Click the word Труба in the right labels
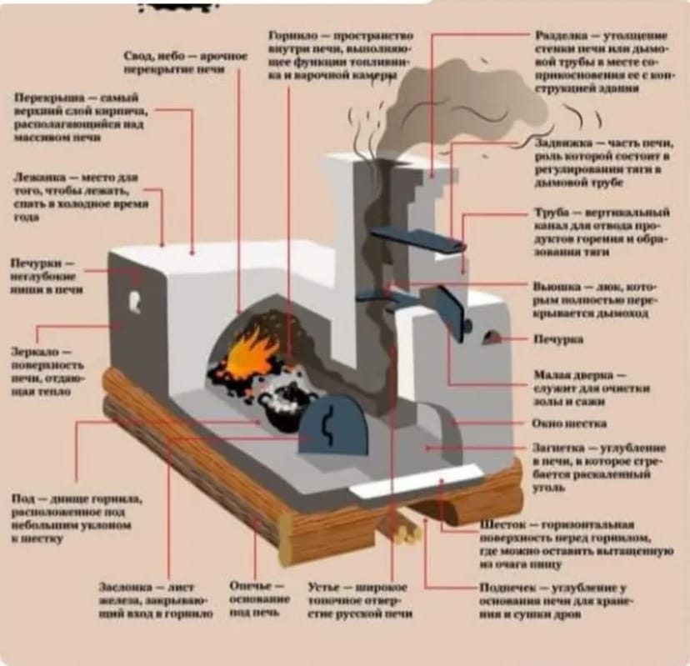pyautogui.click(x=551, y=213)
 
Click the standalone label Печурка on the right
pyautogui.click(x=557, y=340)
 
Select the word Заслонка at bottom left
pyautogui.click(x=125, y=586)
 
